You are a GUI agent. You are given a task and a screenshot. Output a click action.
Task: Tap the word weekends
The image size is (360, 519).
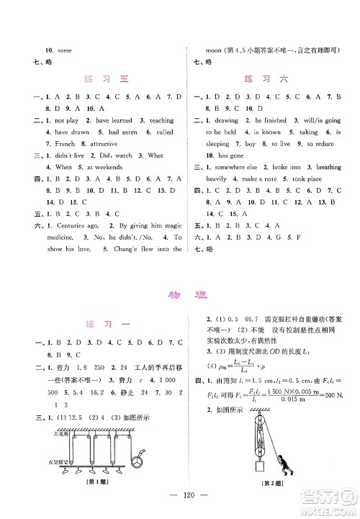click(x=107, y=167)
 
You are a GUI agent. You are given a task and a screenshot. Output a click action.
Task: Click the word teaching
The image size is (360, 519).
click(x=162, y=121)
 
